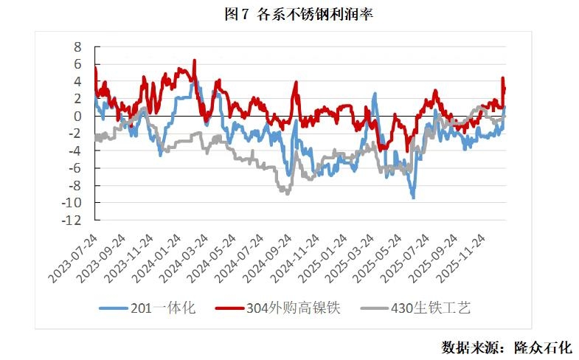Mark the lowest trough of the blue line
pyautogui.click(x=413, y=198)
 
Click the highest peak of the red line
pyautogui.click(x=194, y=60)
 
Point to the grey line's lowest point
pyautogui.click(x=287, y=193)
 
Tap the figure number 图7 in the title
pyautogui.click(x=237, y=15)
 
